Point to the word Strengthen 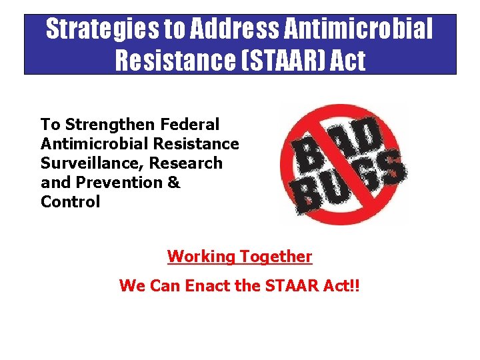tap(113, 124)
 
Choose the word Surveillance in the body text tap(92, 163)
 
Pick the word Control tap(70, 201)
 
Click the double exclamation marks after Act tap(354, 286)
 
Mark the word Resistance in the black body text tap(195, 143)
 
